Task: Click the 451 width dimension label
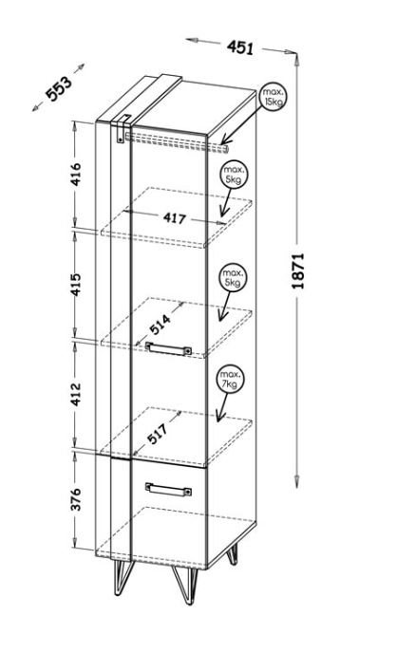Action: tap(240, 47)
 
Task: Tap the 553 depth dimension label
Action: tap(58, 88)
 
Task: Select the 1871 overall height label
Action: tap(298, 271)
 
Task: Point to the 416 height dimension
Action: tap(75, 175)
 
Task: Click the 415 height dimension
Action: tap(75, 285)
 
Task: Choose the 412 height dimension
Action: tap(75, 394)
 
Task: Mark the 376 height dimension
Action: tap(75, 499)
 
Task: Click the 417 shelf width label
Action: tap(174, 217)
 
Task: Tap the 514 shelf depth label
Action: tap(161, 325)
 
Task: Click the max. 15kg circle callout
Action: tap(274, 97)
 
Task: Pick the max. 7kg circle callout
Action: tap(230, 379)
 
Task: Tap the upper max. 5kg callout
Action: tap(234, 175)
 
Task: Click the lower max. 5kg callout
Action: tap(233, 278)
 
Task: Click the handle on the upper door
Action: tap(168, 348)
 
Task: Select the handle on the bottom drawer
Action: tap(168, 489)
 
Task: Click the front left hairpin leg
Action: tap(123, 577)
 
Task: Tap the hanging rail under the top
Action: tap(177, 142)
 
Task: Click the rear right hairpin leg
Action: tap(233, 554)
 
